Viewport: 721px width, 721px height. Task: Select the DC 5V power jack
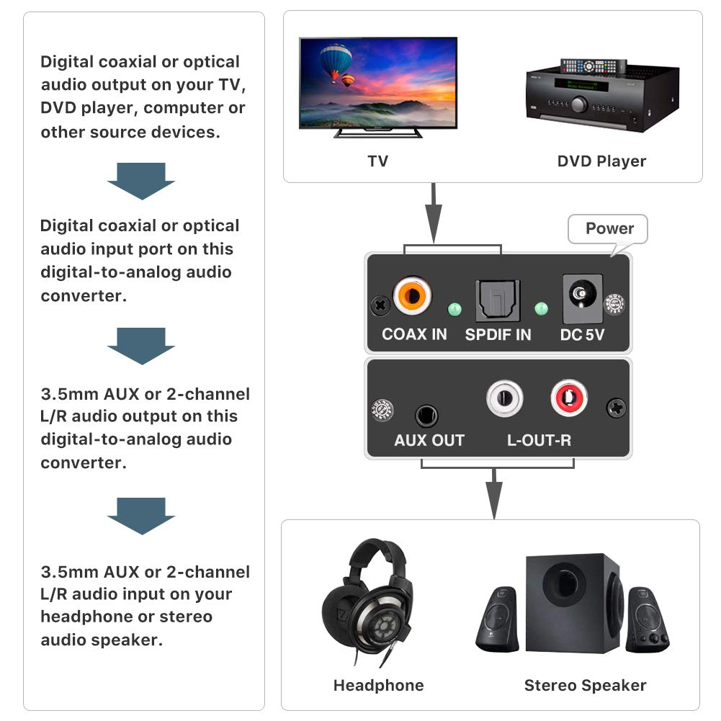click(581, 295)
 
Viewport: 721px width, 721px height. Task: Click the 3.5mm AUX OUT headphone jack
click(426, 416)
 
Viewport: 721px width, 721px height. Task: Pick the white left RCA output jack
click(504, 398)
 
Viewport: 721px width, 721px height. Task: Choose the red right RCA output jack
click(569, 398)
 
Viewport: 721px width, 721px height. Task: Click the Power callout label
click(609, 229)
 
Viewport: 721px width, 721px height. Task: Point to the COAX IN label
click(414, 334)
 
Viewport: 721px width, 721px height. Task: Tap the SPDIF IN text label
click(498, 334)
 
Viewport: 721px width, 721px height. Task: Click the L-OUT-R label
click(539, 440)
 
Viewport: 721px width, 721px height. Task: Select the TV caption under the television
click(378, 161)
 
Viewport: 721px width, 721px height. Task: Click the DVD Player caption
click(601, 161)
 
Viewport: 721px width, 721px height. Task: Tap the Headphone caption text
click(378, 685)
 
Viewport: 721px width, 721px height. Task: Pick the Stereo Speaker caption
click(585, 685)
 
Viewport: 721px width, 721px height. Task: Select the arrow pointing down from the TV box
click(433, 213)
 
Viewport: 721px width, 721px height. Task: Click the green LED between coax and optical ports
click(454, 309)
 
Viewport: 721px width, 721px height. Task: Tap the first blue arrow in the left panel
click(141, 181)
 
